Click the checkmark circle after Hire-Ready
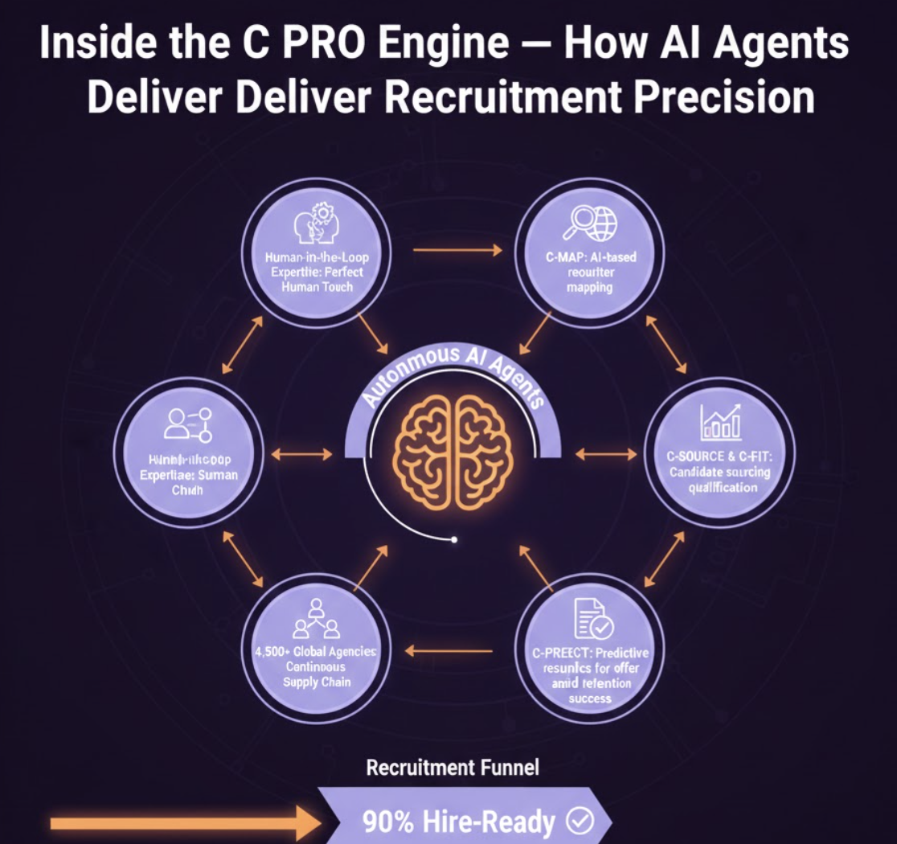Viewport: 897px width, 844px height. (x=580, y=821)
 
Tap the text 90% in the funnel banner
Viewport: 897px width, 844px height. (x=389, y=821)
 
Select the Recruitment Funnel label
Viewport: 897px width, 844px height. (x=453, y=768)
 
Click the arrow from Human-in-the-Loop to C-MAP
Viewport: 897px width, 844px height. (x=457, y=250)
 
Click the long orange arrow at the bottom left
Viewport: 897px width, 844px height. (x=185, y=822)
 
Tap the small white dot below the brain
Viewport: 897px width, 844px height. (x=454, y=539)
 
